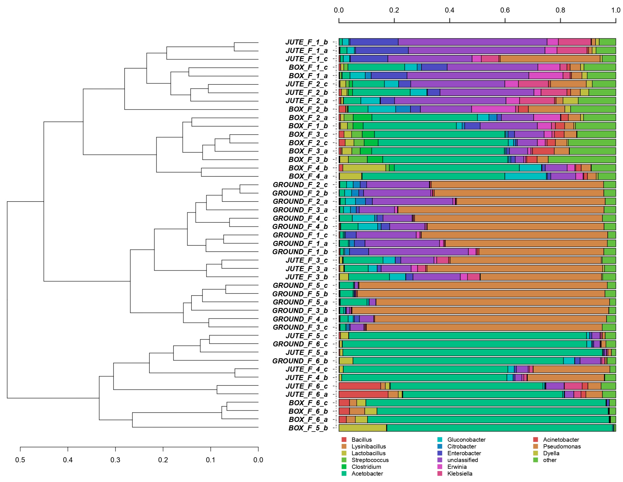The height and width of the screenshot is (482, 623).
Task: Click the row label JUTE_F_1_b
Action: pos(307,42)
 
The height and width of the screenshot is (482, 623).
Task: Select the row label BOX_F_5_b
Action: pos(308,428)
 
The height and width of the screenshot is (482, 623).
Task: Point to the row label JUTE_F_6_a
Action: pos(307,394)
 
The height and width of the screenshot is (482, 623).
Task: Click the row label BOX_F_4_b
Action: pos(308,168)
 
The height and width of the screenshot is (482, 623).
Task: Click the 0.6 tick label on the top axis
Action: pos(505,10)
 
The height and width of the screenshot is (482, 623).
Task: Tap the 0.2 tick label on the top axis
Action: pos(394,10)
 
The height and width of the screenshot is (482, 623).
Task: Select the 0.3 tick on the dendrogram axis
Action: pos(115,460)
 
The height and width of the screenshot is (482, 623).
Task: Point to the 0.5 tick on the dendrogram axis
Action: pos(20,460)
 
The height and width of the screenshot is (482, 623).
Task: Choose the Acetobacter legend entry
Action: pos(367,474)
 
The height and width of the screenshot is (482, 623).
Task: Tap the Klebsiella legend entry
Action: pos(460,474)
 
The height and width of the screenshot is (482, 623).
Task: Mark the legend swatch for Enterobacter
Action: pos(440,453)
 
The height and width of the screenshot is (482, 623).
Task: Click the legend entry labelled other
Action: pos(549,460)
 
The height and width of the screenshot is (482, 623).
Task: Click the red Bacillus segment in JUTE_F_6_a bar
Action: pos(363,394)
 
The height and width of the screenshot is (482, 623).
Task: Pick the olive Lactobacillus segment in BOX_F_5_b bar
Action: pos(363,428)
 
